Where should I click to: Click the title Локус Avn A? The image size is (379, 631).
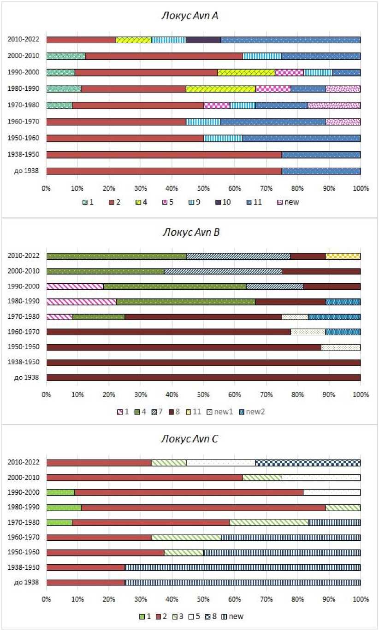click(x=189, y=16)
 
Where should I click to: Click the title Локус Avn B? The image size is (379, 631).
click(x=189, y=232)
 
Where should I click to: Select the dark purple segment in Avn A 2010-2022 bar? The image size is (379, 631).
click(x=203, y=40)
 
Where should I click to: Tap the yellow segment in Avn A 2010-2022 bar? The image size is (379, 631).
click(x=133, y=40)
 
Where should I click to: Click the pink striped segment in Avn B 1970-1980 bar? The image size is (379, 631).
click(x=59, y=316)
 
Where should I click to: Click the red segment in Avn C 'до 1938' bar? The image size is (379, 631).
click(x=86, y=582)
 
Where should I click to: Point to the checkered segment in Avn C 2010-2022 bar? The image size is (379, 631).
click(x=308, y=462)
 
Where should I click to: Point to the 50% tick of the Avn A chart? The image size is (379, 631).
click(x=203, y=187)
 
